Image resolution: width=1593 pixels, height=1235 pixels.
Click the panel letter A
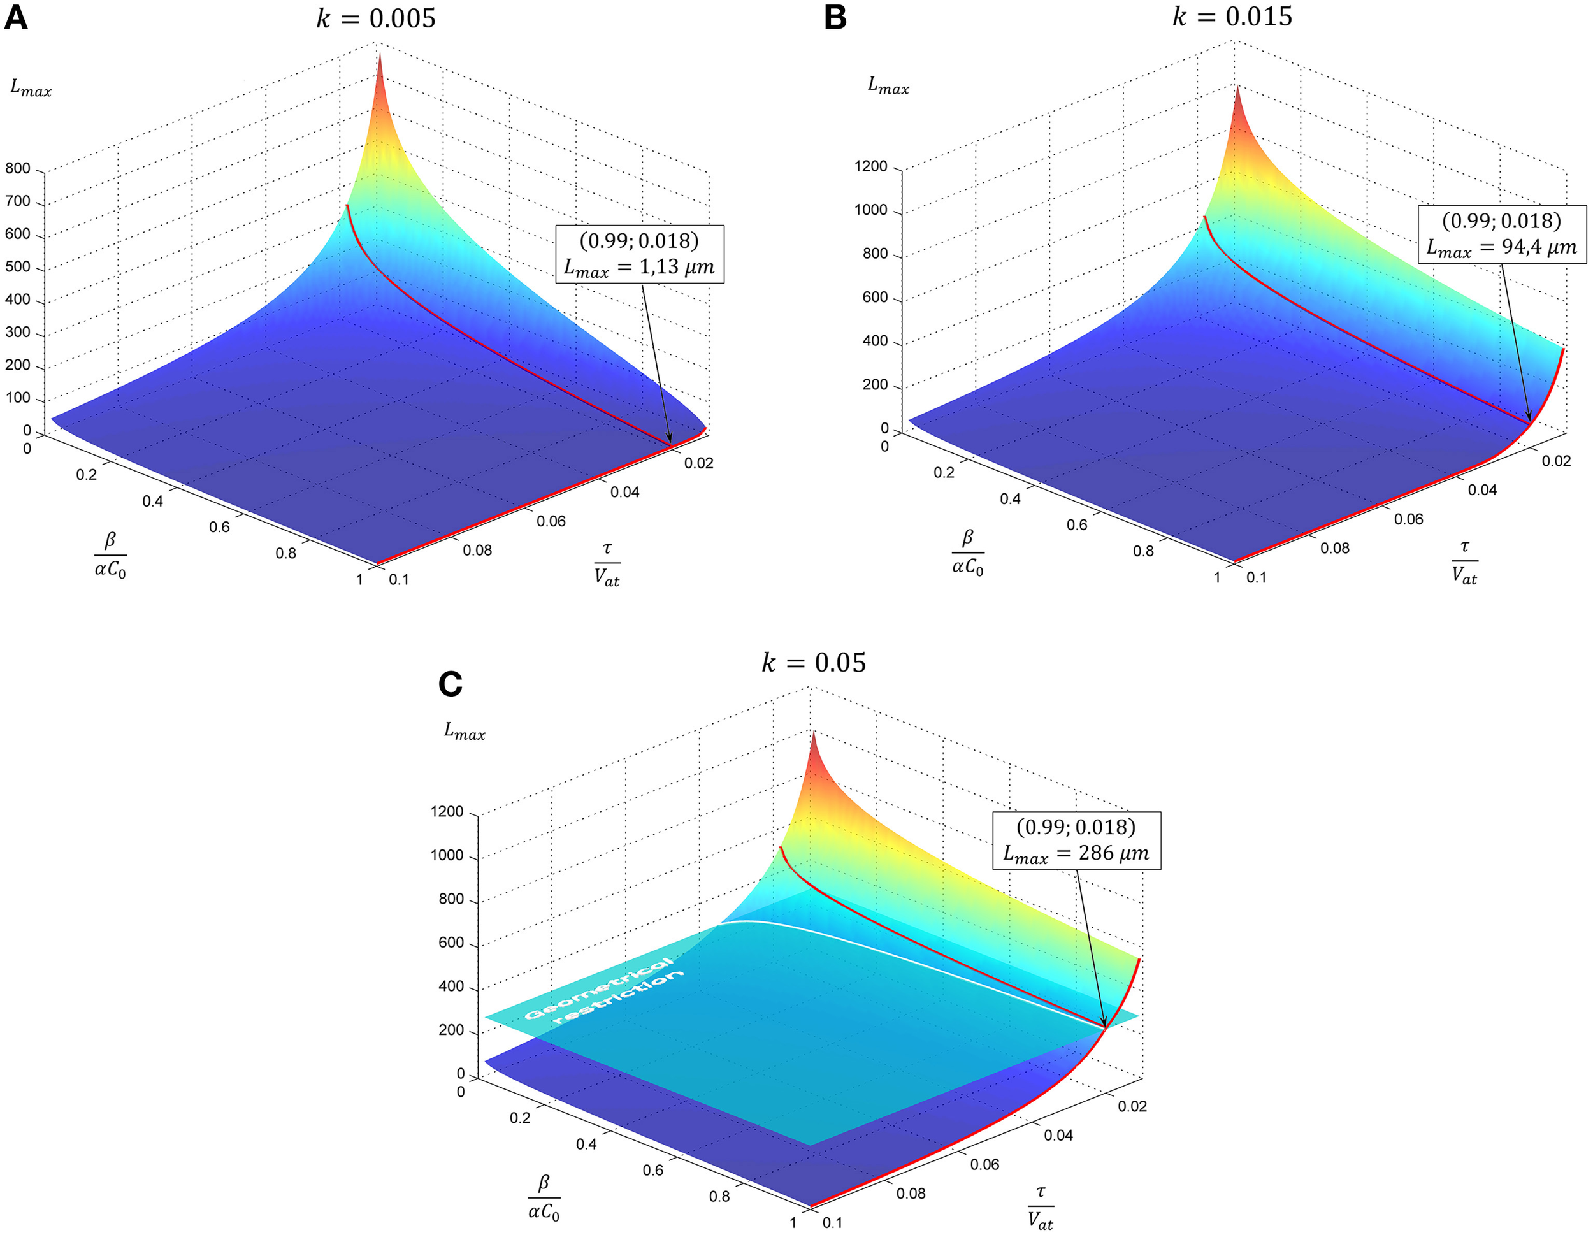tap(15, 17)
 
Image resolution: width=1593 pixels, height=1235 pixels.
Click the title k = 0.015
tap(1232, 15)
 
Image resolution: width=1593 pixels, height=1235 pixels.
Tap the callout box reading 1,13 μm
tap(640, 254)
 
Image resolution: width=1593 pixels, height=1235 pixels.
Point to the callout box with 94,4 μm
tap(1501, 234)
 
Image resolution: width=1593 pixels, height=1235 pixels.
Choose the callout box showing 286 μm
tap(1076, 841)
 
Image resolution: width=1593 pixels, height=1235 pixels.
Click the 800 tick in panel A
tap(18, 168)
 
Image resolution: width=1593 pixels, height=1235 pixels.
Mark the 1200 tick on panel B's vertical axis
tap(871, 166)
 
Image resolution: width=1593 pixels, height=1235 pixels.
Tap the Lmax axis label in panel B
tap(888, 85)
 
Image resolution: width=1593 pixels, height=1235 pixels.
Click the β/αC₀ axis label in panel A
tap(110, 555)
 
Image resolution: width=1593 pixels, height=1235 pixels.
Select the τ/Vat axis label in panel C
tap(1040, 1208)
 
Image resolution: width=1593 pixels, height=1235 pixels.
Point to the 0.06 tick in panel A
tap(551, 521)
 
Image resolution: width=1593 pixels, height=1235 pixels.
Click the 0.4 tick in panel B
tap(1010, 499)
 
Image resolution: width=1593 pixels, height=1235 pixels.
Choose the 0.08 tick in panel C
tap(911, 1194)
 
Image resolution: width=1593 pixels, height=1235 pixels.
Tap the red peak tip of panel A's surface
tap(378, 57)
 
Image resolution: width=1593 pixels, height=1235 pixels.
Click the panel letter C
tap(450, 684)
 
